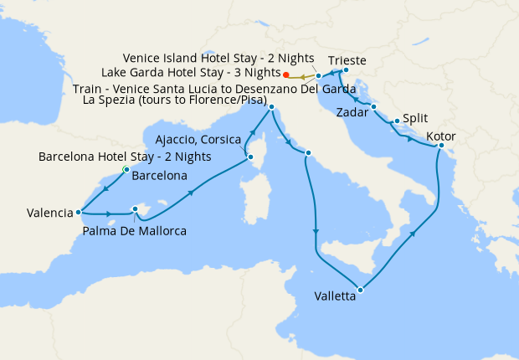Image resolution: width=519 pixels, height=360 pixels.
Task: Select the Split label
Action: coord(415,119)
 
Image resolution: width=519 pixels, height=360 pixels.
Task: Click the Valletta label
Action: coord(338,296)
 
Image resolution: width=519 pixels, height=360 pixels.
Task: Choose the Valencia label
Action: coord(38,213)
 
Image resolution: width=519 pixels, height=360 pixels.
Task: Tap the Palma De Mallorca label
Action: coord(134,230)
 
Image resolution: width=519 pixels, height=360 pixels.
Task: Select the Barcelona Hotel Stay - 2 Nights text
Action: coord(125,157)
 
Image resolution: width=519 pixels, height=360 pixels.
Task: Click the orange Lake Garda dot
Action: coord(287,74)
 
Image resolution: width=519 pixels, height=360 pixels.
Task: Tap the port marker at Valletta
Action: coord(360,290)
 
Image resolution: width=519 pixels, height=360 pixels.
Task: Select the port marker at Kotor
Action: coord(440,147)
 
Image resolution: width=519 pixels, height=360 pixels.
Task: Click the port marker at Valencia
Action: coord(78,212)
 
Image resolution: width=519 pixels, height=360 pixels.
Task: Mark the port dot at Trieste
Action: coord(345,70)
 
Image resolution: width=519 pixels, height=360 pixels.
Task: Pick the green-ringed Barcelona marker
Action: coord(126,169)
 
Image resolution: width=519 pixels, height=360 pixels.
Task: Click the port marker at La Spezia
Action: coord(271,107)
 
